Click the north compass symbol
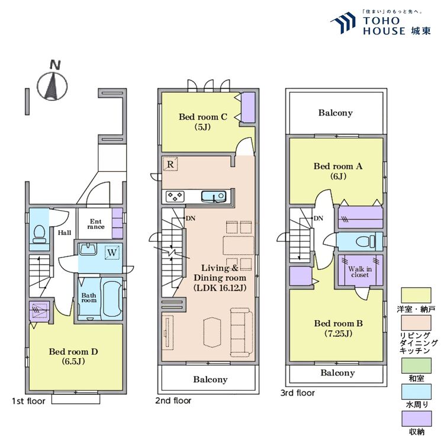point(52,84)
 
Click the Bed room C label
point(203,121)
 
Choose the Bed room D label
point(73,356)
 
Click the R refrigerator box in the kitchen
point(170,163)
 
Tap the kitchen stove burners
point(176,196)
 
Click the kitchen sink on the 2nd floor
point(211,196)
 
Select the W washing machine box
point(111,253)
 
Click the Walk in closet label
point(359,272)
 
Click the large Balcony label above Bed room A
point(335,112)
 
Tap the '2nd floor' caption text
point(173,401)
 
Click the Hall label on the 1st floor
point(65,233)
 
